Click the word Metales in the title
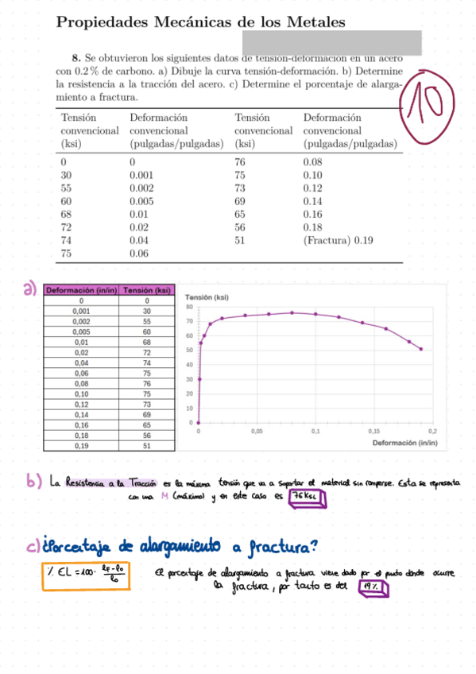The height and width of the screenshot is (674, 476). [x=314, y=23]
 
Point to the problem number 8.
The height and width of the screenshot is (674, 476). [x=75, y=58]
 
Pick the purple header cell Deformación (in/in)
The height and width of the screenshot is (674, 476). [x=81, y=291]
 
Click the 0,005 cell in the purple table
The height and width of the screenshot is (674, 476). [x=81, y=331]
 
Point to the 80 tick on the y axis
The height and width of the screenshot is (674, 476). [x=190, y=307]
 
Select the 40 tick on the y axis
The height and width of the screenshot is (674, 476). [x=190, y=365]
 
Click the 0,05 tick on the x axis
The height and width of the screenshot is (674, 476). [x=257, y=431]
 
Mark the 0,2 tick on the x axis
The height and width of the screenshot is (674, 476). [x=432, y=431]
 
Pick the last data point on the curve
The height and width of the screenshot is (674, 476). [x=420, y=349]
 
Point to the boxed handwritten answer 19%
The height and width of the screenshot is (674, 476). [x=373, y=589]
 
